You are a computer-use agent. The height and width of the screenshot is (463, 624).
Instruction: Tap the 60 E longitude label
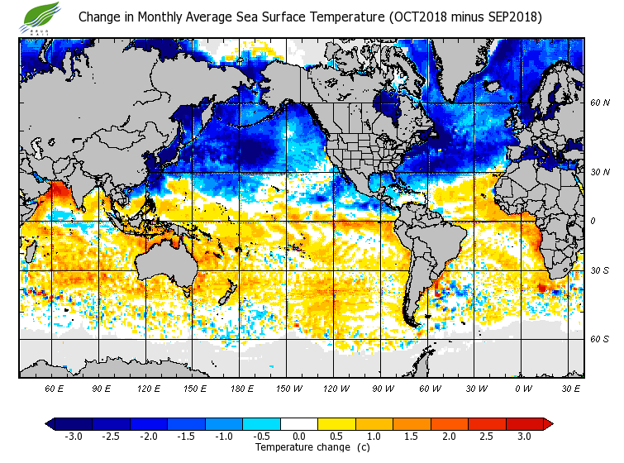coord(55,388)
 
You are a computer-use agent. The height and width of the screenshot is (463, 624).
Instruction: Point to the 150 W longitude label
coord(288,388)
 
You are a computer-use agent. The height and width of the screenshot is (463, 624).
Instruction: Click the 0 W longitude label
coord(522,388)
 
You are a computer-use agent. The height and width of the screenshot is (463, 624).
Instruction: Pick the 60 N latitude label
coord(599,103)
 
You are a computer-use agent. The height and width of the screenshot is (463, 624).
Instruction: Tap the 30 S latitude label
coord(599,271)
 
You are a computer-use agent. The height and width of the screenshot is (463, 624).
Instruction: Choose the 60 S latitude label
coord(599,339)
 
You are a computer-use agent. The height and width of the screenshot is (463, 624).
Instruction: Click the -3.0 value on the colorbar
coord(73,436)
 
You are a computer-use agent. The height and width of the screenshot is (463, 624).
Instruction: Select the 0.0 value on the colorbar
coord(298,436)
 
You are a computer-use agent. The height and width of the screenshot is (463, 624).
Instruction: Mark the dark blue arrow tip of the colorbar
coord(50,424)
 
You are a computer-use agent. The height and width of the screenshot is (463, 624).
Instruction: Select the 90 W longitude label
coord(381,388)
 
